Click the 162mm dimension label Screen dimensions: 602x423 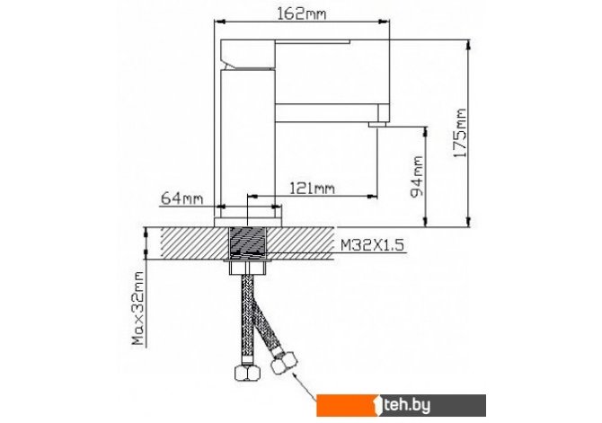pyautogui.click(x=301, y=13)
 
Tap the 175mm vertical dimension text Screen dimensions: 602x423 pyautogui.click(x=459, y=133)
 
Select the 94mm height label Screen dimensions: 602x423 pyautogui.click(x=417, y=177)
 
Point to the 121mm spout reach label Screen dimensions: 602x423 pyautogui.click(x=312, y=188)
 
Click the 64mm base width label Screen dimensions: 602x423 pyautogui.click(x=181, y=198)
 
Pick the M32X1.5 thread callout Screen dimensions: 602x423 pyautogui.click(x=372, y=245)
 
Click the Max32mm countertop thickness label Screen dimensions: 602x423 pyautogui.click(x=137, y=308)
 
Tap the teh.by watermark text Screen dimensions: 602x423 pyautogui.click(x=407, y=405)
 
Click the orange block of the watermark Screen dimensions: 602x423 pyautogui.click(x=346, y=405)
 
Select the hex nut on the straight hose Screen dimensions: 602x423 pyautogui.click(x=248, y=373)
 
